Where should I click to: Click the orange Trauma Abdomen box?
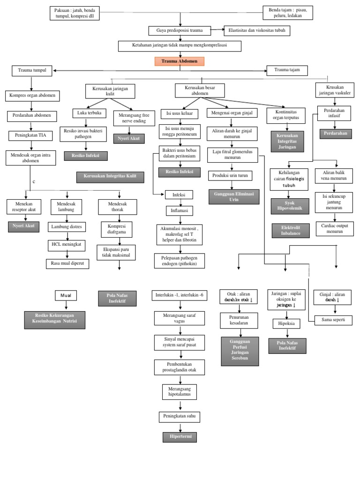[180, 61]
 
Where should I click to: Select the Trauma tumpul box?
[31, 70]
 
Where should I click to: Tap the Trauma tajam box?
[287, 70]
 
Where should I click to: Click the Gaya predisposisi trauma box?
[176, 30]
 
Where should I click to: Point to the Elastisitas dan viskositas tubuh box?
[257, 30]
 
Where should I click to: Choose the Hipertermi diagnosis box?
[180, 437]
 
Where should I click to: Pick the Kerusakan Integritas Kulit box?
[110, 177]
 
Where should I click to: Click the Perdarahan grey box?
[335, 134]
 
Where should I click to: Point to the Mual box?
[66, 295]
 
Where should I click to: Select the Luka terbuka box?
[90, 113]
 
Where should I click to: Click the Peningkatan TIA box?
[31, 136]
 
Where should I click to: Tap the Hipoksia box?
[286, 323]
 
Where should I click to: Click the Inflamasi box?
[180, 210]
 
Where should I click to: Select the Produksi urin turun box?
[230, 175]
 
